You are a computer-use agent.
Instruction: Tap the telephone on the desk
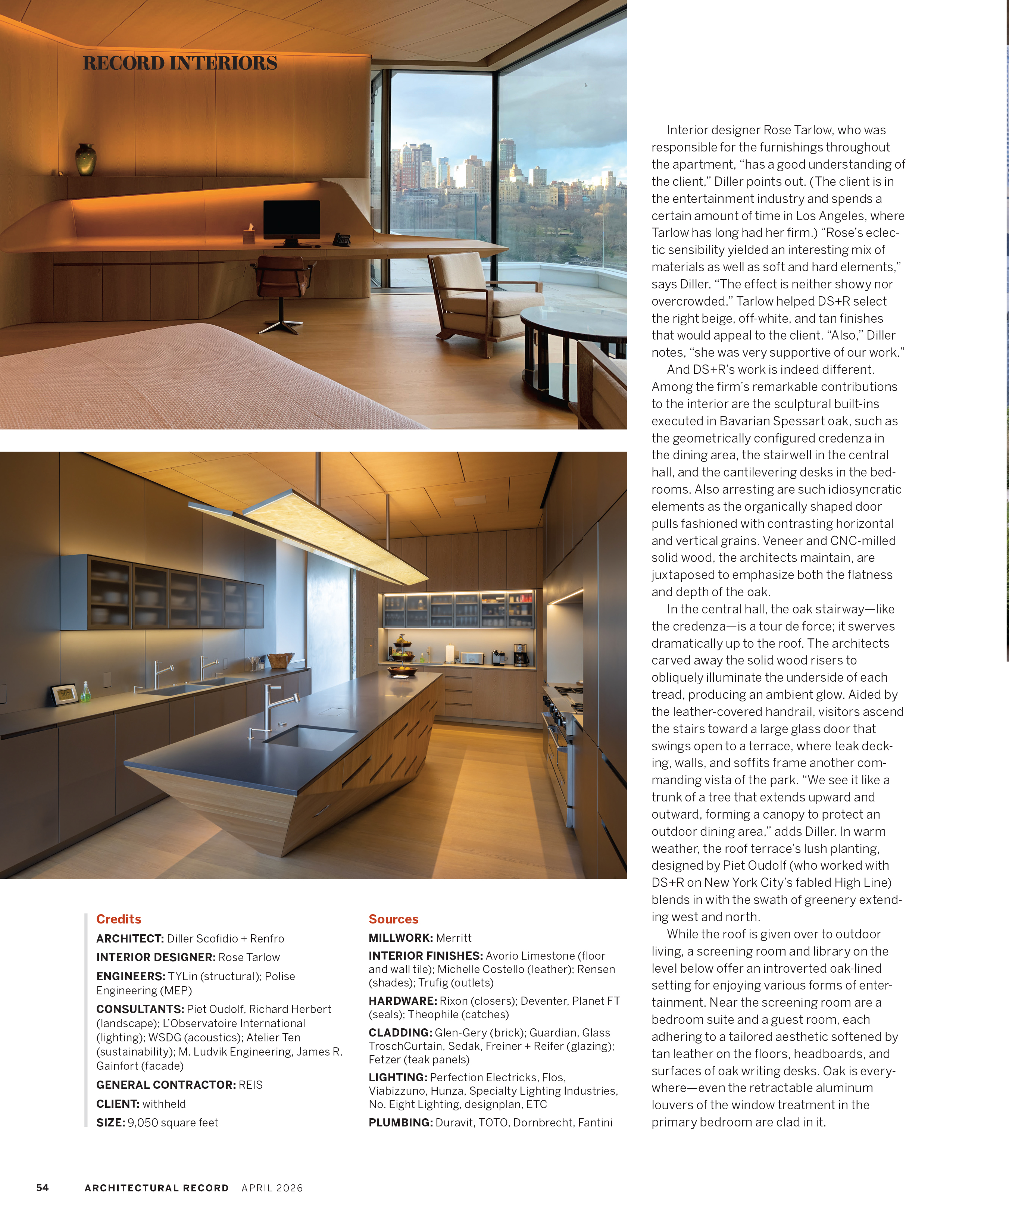(342, 239)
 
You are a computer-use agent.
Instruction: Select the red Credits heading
(118, 919)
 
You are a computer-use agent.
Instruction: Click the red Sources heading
(393, 919)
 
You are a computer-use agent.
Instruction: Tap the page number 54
(42, 1188)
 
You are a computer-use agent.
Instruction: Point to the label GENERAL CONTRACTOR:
(166, 1085)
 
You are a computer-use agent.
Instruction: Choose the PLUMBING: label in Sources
(400, 1122)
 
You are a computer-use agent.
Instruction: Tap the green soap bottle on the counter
(86, 692)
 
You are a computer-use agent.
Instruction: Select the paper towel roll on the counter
(450, 653)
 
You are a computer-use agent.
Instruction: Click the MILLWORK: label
(400, 938)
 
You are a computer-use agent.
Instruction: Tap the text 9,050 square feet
(173, 1122)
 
